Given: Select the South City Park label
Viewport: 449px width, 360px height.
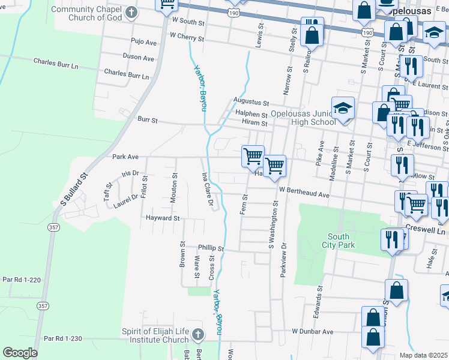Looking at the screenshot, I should (x=341, y=241).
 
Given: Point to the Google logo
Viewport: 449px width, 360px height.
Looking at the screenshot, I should (x=20, y=353).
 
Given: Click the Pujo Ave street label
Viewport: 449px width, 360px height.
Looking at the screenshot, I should (x=143, y=42).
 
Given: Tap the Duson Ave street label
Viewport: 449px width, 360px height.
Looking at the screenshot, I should (x=139, y=58).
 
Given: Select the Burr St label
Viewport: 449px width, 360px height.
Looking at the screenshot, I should (x=147, y=120).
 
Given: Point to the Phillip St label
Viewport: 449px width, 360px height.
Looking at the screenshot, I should (x=211, y=248).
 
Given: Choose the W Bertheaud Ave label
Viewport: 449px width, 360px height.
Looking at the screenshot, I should (x=304, y=194).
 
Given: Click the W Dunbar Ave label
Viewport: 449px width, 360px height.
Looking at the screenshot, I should (x=312, y=331).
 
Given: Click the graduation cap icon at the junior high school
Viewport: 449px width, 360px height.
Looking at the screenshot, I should (x=343, y=109).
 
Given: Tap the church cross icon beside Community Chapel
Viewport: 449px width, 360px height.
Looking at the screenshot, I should (x=131, y=13).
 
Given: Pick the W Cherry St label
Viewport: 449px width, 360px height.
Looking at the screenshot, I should (x=187, y=37).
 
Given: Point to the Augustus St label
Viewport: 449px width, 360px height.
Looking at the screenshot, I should (x=250, y=104).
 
